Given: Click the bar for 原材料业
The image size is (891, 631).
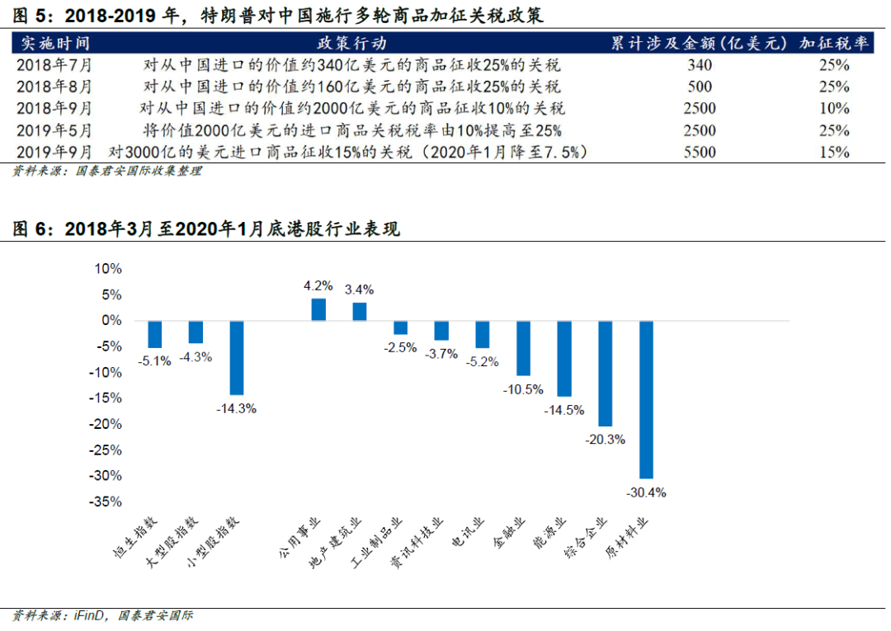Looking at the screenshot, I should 646,399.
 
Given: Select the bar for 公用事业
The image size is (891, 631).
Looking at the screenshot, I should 318,309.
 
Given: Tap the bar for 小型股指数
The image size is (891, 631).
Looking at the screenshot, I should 237,357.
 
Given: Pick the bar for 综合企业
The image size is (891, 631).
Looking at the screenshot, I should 606,373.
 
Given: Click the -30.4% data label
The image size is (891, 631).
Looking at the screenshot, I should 648,492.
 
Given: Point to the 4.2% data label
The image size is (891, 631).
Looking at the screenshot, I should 318,285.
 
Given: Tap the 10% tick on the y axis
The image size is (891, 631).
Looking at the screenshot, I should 108,269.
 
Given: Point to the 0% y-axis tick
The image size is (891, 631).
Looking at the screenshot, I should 112,320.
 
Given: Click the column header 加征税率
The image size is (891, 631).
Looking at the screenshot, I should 835,43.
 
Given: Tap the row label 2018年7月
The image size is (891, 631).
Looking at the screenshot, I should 54,65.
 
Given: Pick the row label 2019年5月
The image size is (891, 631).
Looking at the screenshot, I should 54,130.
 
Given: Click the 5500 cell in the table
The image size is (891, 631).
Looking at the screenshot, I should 700,152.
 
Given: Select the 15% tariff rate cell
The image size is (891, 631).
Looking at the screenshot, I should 834,152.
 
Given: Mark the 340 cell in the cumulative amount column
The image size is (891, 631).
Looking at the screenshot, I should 700,65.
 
